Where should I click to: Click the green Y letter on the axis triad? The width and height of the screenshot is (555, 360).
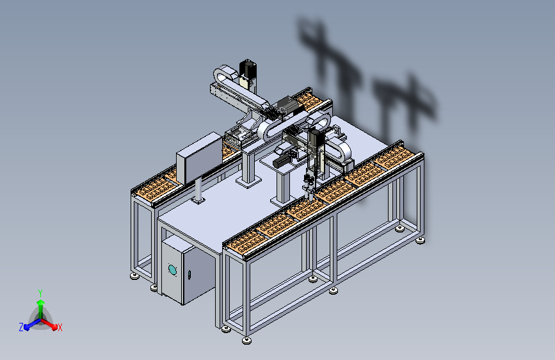point(40,293)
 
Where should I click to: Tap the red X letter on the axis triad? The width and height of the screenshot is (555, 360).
point(60,327)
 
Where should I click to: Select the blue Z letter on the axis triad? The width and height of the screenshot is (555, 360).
point(21,327)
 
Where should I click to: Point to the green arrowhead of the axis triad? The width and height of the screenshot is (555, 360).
point(41,303)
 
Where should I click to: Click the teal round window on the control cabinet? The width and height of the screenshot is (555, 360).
point(172,270)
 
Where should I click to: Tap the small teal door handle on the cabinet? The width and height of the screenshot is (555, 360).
point(189,275)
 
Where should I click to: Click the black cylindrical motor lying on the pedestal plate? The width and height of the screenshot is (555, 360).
point(282,162)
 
